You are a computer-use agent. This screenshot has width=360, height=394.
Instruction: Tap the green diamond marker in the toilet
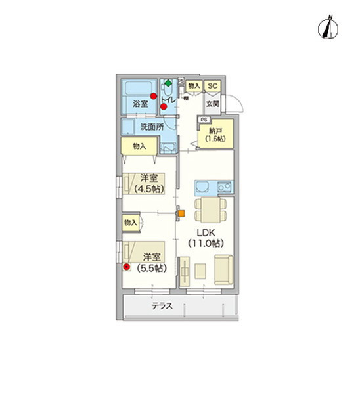point(168,83)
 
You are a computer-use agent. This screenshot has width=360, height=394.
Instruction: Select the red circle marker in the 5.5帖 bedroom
point(127,267)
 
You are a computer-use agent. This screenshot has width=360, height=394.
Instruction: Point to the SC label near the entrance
point(212,86)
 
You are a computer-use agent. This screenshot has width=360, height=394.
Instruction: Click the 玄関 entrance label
point(212,104)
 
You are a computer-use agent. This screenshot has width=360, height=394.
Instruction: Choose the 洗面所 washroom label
point(151,127)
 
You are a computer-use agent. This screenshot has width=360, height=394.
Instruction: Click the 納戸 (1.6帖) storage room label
point(215,135)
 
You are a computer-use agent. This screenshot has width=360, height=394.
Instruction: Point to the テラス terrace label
point(162,306)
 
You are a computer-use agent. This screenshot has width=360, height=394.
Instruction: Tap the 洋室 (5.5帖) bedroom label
point(152,263)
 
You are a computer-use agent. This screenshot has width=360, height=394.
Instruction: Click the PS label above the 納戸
point(204,120)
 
